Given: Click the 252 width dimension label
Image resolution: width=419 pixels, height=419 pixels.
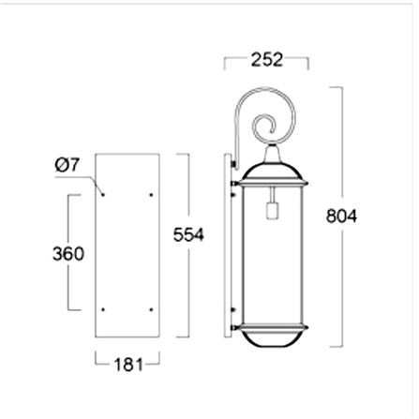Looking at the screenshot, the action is pos(267,60).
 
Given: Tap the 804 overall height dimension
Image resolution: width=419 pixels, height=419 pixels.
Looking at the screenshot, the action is pos(341,216).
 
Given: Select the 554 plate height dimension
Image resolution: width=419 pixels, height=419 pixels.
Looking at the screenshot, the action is pos(188,234).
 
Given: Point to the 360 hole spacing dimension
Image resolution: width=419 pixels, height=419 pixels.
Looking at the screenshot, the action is pos(68,253).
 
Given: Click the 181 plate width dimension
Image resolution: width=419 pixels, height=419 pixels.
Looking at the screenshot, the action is pos(128,365).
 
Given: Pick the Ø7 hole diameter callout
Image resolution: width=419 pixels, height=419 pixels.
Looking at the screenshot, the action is pos(67,165).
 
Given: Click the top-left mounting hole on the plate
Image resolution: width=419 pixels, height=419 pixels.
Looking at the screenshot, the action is pos(103,195).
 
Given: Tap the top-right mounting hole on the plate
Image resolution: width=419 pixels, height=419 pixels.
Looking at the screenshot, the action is pos(151,195).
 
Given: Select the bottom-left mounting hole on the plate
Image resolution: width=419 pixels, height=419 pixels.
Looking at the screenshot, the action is pos(103,309).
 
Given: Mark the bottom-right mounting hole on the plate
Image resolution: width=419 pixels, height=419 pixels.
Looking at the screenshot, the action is pos(151,309).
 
